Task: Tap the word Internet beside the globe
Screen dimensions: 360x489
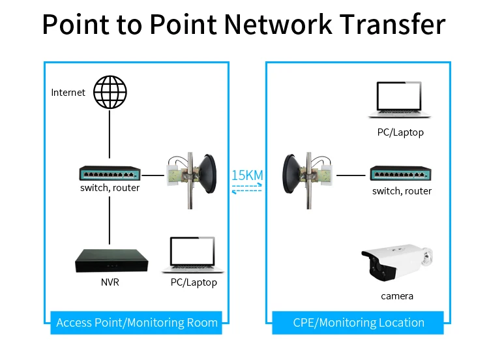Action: tap(68, 93)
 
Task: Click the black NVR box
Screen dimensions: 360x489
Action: tap(110, 261)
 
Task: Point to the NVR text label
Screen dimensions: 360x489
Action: tap(110, 283)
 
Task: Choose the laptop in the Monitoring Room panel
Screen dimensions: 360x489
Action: tap(193, 255)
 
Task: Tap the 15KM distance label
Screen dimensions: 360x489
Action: tap(247, 175)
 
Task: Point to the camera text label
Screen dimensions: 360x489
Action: tap(397, 296)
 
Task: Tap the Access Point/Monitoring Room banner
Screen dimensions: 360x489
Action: tap(137, 322)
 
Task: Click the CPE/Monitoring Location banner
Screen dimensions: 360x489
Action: tap(359, 322)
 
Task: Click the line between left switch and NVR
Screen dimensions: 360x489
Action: tap(109, 218)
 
